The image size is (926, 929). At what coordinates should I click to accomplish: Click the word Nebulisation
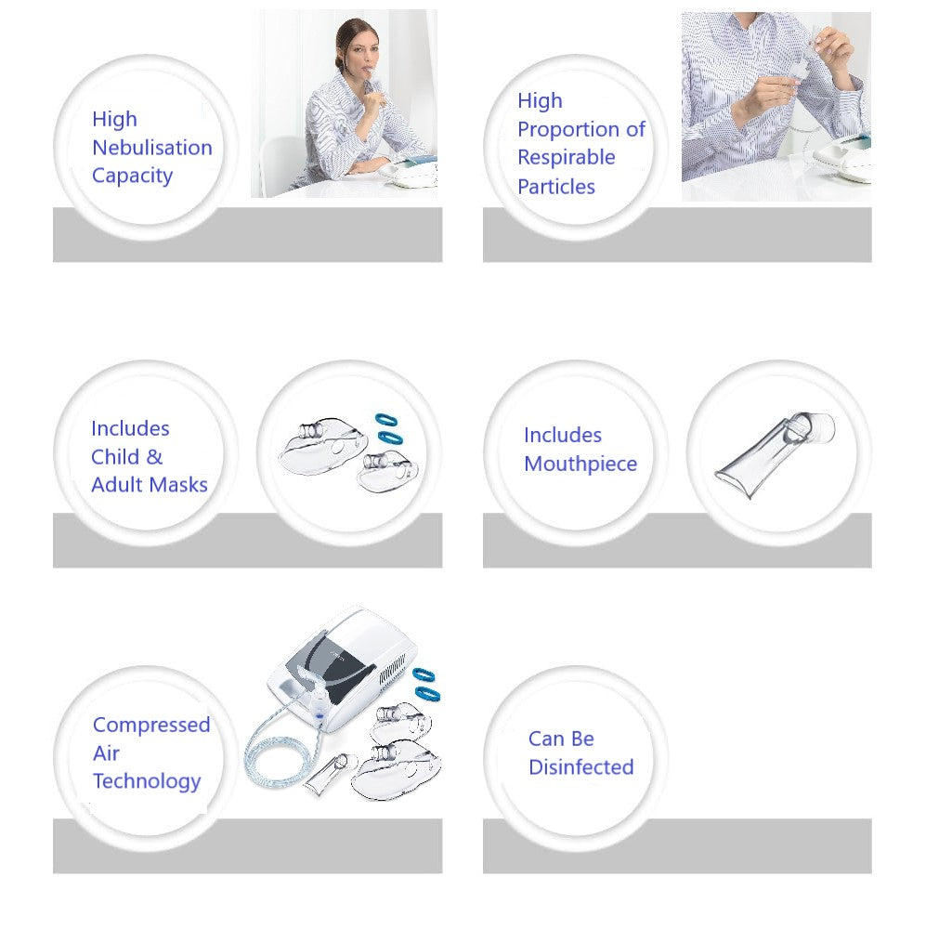point(151,148)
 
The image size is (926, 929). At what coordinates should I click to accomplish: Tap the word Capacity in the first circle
point(132,176)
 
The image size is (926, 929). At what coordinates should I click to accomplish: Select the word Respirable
point(566,158)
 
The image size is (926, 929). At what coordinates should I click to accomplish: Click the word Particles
point(555,187)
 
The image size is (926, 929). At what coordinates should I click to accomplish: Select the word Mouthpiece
point(580,464)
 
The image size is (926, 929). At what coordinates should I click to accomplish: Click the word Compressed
point(151,726)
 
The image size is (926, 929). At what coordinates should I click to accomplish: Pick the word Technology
point(146,781)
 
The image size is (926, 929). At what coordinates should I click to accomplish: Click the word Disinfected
point(580,767)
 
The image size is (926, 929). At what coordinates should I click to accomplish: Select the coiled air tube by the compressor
point(279,752)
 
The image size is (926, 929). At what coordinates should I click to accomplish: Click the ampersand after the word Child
point(154,457)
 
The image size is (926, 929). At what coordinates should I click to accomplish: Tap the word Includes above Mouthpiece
point(562,436)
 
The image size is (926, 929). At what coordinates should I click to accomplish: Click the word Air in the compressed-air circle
point(106,753)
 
